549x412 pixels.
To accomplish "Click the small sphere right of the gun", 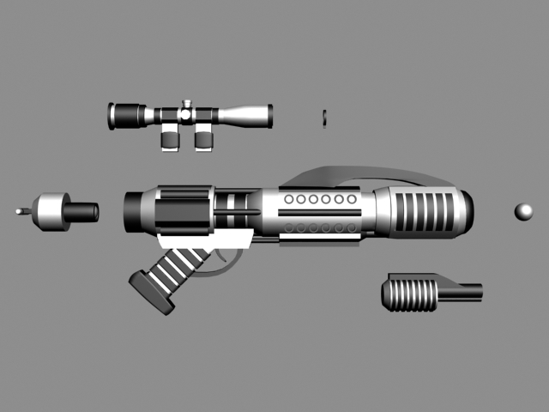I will tap(523, 211).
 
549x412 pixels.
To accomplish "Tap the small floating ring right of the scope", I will tap(324, 116).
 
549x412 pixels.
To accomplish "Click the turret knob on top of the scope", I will tap(185, 107).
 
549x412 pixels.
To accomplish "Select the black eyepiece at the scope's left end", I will tap(117, 116).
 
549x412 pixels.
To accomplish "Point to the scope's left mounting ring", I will tap(171, 137).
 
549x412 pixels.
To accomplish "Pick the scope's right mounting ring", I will tap(203, 137).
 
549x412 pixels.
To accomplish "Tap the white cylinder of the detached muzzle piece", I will tap(51, 210).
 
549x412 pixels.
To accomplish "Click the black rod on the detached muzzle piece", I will tap(83, 210).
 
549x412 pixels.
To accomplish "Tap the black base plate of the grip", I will tap(151, 293).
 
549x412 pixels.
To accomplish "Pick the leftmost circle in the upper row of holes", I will tap(289, 199).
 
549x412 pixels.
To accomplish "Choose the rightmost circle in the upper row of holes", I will tap(352, 199).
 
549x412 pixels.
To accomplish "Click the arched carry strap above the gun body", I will tap(369, 171).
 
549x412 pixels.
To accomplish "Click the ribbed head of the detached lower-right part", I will tap(410, 293).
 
